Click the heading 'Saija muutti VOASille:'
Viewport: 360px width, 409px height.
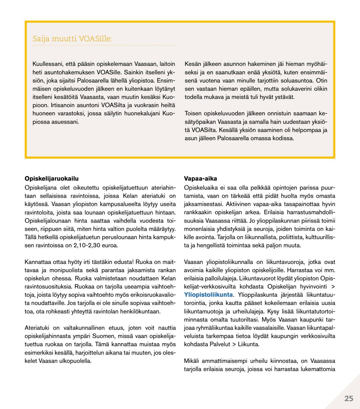72,39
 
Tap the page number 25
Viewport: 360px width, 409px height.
349,399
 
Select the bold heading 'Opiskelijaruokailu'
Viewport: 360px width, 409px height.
52,179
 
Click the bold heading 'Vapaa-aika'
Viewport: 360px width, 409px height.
200,179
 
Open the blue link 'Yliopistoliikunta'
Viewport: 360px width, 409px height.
209,295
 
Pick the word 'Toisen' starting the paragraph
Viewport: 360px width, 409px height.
193,113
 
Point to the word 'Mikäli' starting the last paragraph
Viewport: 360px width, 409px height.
192,361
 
